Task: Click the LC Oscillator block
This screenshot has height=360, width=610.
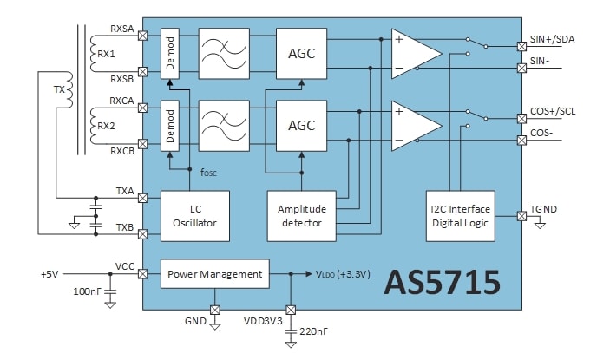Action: point(195,217)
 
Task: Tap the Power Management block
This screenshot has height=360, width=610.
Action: point(214,274)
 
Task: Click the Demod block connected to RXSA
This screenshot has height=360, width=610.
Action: point(170,54)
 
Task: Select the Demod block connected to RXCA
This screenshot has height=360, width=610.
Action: point(170,125)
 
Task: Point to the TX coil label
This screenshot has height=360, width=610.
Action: point(59,89)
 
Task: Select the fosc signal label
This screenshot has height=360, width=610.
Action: point(209,172)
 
